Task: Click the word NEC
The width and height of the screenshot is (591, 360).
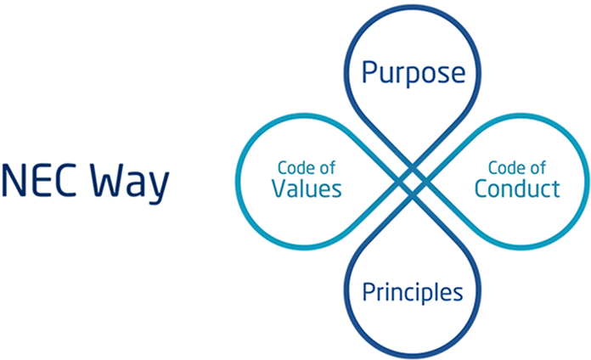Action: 39,183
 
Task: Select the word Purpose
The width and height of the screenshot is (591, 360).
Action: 414,73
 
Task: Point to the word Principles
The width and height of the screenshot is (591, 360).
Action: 413,293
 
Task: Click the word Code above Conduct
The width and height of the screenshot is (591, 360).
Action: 504,166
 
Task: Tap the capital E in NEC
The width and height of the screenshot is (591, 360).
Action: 39,183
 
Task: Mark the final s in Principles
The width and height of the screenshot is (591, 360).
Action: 459,294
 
